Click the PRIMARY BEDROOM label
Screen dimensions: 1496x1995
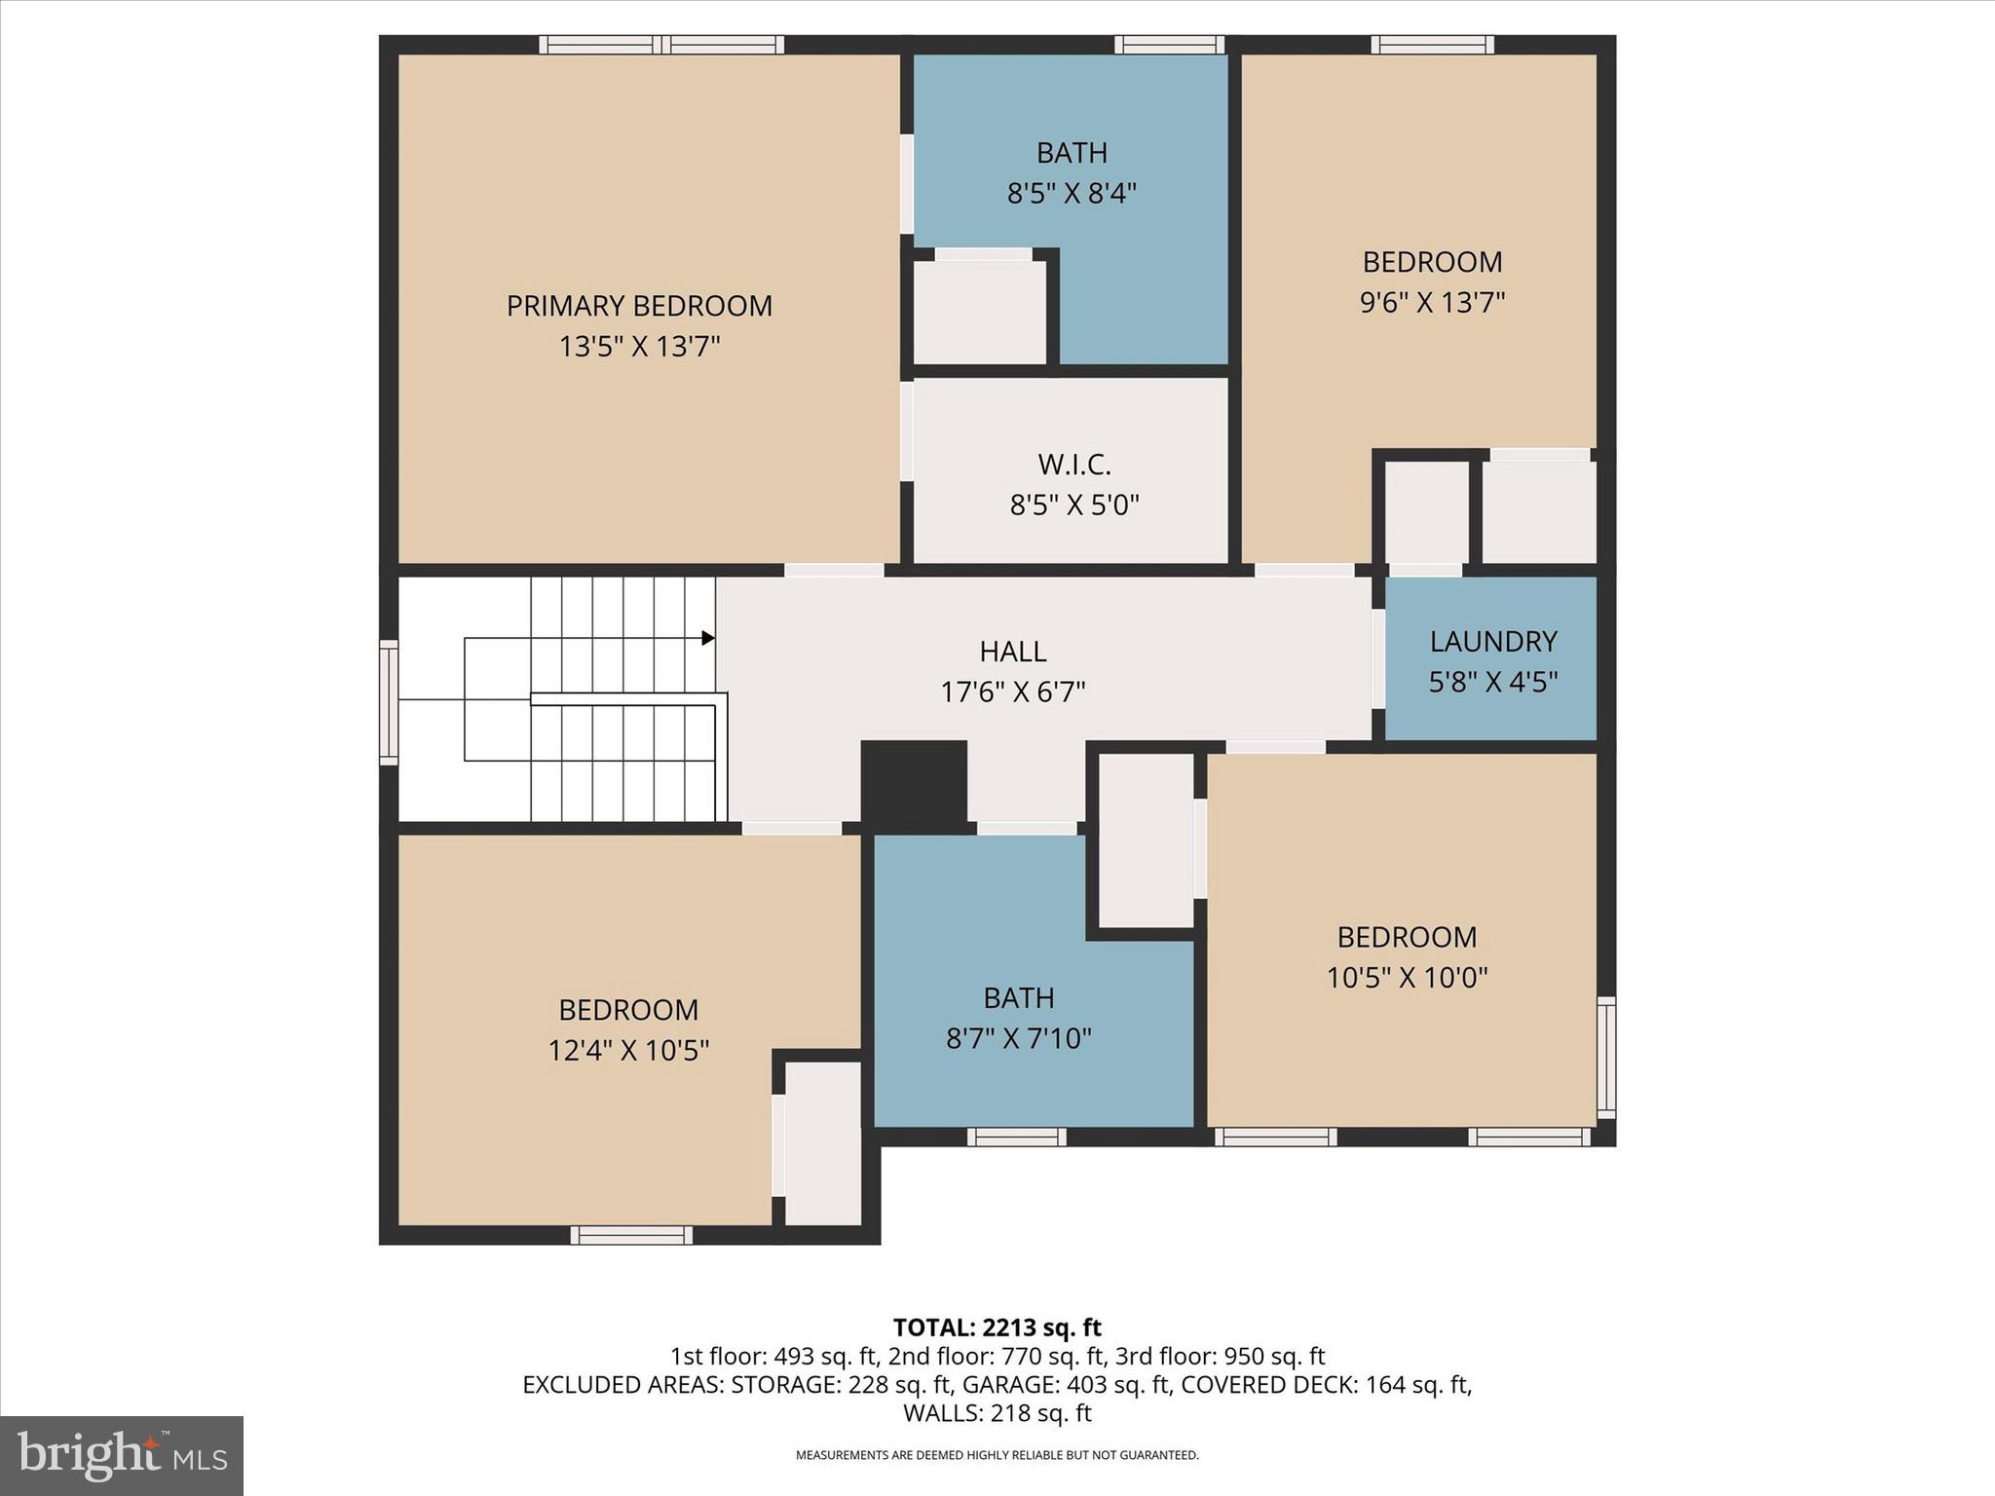pos(639,306)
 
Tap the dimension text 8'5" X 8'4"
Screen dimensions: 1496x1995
pos(1072,193)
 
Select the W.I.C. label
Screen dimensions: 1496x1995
pos(1073,465)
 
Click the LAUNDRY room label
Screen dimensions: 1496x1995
pos(1492,641)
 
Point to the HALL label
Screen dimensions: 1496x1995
pos(1013,651)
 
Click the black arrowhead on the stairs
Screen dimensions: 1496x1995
pos(708,638)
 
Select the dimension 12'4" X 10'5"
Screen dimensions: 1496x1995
pos(628,1050)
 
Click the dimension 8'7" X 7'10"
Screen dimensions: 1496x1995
pos(1018,1038)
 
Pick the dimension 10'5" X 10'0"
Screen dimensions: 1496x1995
pos(1407,977)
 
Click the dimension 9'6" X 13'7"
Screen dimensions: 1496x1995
pos(1432,302)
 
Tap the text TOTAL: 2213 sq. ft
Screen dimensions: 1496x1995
pos(997,1328)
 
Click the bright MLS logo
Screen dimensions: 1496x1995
pos(122,1455)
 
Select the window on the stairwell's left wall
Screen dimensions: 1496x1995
pos(389,701)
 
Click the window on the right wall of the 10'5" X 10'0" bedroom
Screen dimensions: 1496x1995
pos(1606,1058)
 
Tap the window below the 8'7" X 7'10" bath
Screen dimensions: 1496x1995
pos(1016,1137)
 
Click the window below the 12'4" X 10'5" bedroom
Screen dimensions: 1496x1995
pos(631,1235)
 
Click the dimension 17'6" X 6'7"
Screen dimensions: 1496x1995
pos(1013,692)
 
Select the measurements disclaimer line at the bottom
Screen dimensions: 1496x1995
pos(997,1455)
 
